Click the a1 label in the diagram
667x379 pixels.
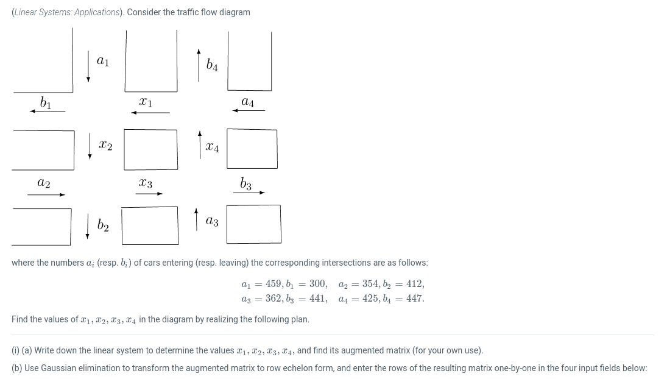[x=103, y=61]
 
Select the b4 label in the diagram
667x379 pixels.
[x=212, y=65]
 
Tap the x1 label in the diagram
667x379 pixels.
[x=146, y=102]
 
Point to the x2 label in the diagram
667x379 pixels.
[x=105, y=146]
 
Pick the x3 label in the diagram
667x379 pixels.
[x=146, y=183]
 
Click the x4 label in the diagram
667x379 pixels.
[x=212, y=147]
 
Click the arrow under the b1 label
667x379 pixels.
[x=48, y=112]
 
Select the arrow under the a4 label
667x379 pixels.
[x=249, y=111]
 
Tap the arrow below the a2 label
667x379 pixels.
[x=46, y=194]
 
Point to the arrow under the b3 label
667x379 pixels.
[x=249, y=193]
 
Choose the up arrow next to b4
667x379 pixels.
[x=199, y=65]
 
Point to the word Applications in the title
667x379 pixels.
[x=97, y=12]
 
